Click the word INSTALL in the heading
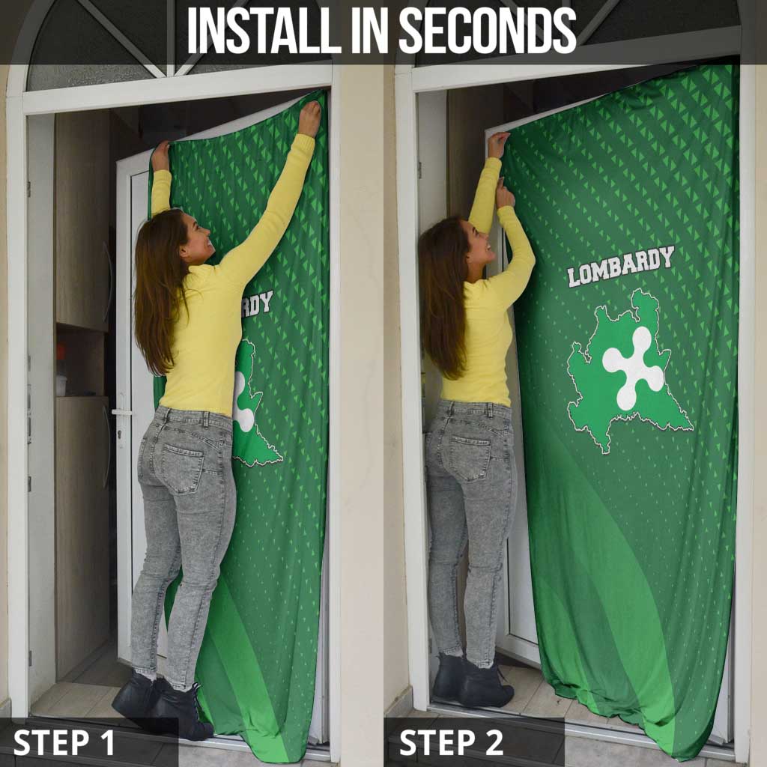255,31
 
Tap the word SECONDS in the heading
487,31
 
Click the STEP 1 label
64,742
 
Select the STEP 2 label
451,742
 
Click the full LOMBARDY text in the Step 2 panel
620,266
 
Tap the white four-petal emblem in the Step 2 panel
633,367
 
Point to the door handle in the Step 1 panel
120,413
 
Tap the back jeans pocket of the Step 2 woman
468,455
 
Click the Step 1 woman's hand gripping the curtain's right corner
309,118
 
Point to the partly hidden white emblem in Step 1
243,401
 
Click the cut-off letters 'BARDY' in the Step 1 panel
257,303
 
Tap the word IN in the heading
368,31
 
